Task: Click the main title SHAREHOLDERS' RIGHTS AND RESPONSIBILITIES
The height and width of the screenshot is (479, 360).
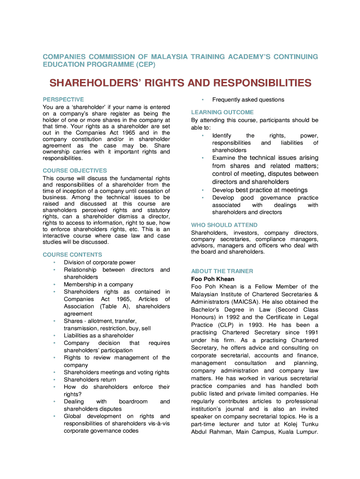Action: pyautogui.click(x=180, y=83)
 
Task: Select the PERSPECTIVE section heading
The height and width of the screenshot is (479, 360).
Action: pyautogui.click(x=63, y=100)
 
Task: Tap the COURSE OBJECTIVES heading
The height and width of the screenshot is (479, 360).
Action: pyautogui.click(x=75, y=171)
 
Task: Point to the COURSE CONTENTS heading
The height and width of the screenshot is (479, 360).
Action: pyautogui.click(x=72, y=255)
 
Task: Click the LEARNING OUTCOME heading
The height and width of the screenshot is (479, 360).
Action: pyautogui.click(x=223, y=112)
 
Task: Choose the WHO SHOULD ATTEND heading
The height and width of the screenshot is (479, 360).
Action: pyautogui.click(x=224, y=225)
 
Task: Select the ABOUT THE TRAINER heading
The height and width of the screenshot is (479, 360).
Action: pyautogui.click(x=222, y=271)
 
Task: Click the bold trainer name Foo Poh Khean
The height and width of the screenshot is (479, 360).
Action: pyautogui.click(x=213, y=279)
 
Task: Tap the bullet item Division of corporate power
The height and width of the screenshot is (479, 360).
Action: pyautogui.click(x=100, y=262)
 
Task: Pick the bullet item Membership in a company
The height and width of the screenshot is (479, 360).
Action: pyautogui.click(x=98, y=284)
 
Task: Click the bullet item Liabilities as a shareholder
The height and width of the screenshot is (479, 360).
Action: pyautogui.click(x=99, y=335)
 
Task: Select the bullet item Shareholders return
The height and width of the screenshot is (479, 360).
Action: pyautogui.click(x=90, y=379)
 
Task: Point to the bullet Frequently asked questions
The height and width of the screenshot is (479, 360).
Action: pyautogui.click(x=248, y=100)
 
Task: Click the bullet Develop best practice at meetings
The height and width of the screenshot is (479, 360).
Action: pyautogui.click(x=259, y=190)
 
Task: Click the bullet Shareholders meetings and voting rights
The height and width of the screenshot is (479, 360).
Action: pyautogui.click(x=116, y=372)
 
